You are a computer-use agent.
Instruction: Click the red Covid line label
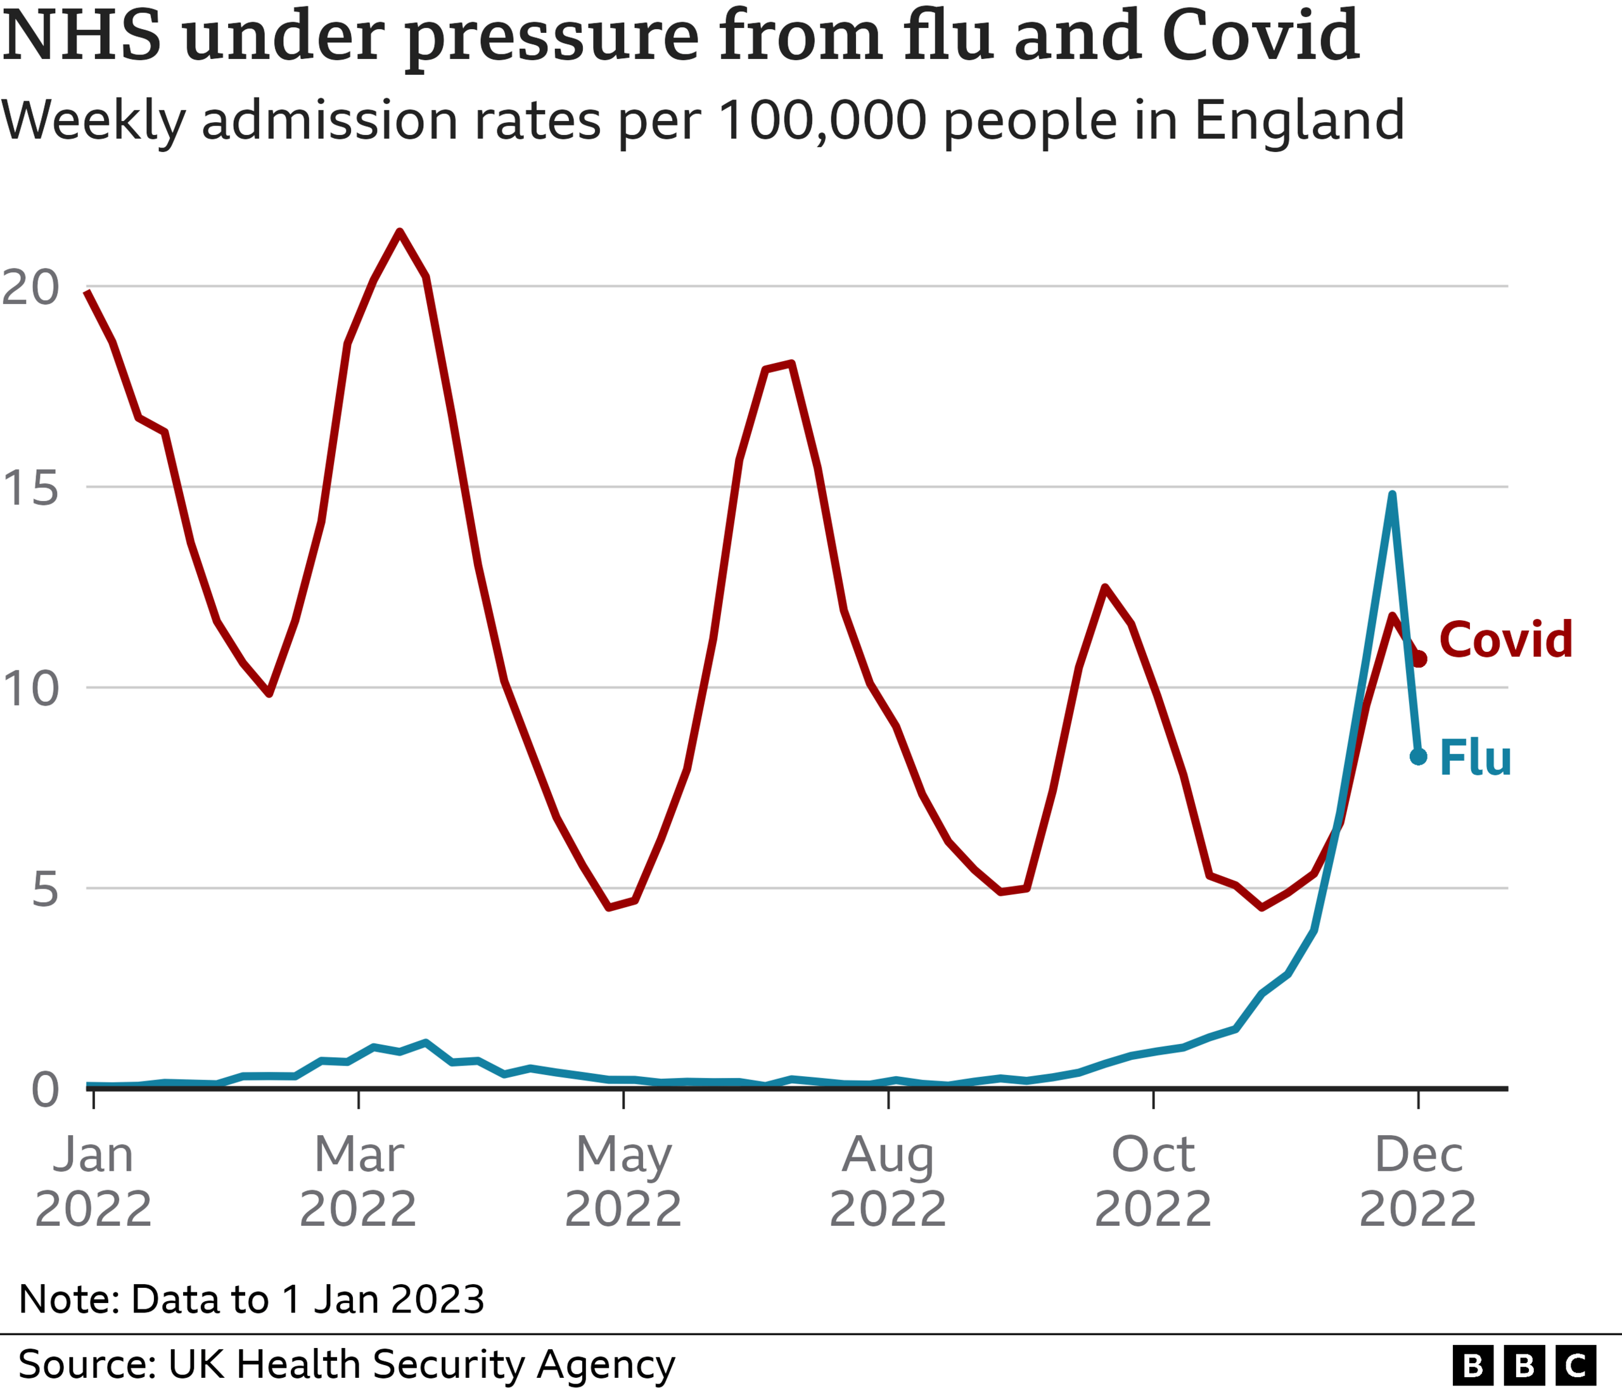tap(1505, 639)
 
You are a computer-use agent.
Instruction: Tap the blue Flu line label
tap(1475, 758)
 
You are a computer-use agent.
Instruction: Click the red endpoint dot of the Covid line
tap(1419, 659)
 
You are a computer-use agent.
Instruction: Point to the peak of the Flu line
tap(1392, 495)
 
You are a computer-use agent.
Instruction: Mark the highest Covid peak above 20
tap(399, 232)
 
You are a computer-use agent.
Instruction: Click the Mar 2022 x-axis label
tap(358, 1181)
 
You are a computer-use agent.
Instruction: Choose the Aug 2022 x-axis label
tap(888, 1181)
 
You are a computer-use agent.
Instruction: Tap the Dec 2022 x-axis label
tap(1418, 1181)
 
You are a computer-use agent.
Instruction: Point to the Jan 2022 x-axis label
tap(93, 1181)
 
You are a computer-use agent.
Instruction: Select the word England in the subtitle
tap(1299, 120)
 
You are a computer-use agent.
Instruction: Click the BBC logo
tap(1523, 1366)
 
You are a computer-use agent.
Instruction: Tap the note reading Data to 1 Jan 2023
tap(252, 1299)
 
